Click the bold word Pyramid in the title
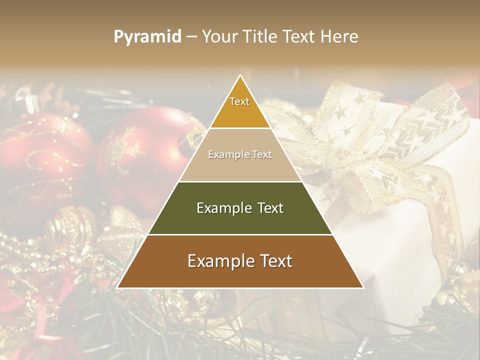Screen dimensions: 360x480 pyautogui.click(x=147, y=37)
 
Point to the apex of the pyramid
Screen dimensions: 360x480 pyautogui.click(x=240, y=76)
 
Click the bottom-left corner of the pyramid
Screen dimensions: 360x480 pyautogui.click(x=118, y=287)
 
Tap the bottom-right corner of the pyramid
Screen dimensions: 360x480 pyautogui.click(x=362, y=287)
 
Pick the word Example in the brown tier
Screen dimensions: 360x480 pyautogui.click(x=218, y=261)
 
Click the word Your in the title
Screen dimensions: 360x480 pyautogui.click(x=218, y=37)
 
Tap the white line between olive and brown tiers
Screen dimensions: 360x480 pyautogui.click(x=240, y=234)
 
